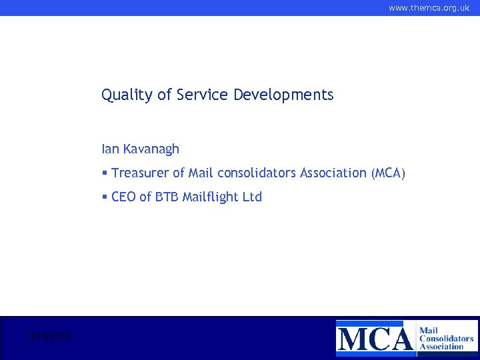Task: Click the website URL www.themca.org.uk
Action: pyautogui.click(x=429, y=8)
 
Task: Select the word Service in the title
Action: pyautogui.click(x=203, y=95)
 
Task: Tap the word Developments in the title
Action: pyautogui.click(x=283, y=95)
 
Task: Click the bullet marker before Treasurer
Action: pyautogui.click(x=105, y=173)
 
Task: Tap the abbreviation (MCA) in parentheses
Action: pyautogui.click(x=387, y=173)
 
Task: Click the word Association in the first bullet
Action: pyautogui.click(x=333, y=173)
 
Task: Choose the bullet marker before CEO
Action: pyautogui.click(x=105, y=197)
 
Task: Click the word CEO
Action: pyautogui.click(x=124, y=197)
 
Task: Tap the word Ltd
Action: pyautogui.click(x=252, y=197)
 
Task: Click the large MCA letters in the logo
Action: pyautogui.click(x=375, y=337)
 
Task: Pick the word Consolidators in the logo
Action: pyautogui.click(x=447, y=338)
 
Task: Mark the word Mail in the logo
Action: pyautogui.click(x=429, y=329)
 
